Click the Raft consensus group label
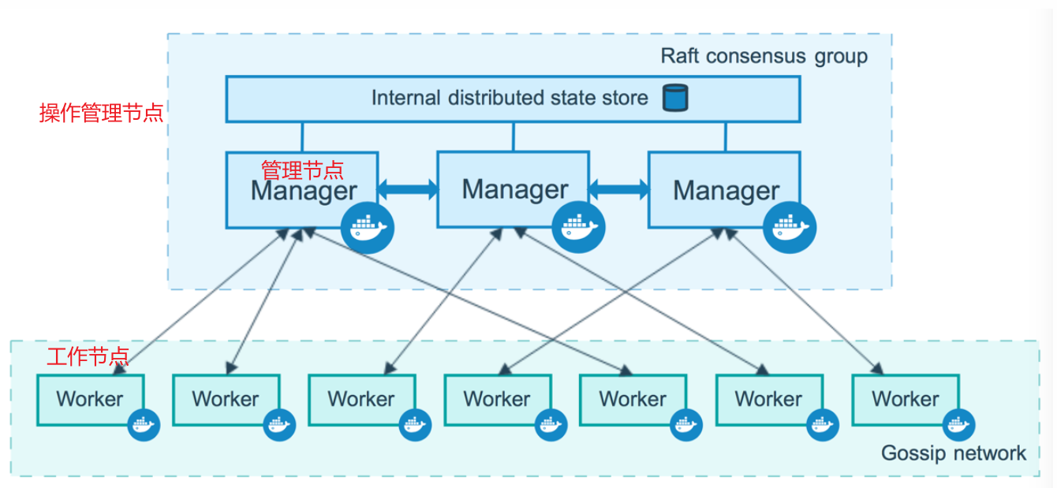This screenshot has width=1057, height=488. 764,57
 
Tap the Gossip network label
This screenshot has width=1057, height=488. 953,453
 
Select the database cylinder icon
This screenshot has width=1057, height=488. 674,98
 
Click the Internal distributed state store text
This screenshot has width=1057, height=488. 510,99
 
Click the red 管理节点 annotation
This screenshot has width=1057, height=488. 302,169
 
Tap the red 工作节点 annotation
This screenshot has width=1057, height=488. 88,356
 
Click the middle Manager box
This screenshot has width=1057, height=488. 513,189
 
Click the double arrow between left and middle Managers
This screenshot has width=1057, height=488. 407,189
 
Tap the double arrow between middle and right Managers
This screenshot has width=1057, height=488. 618,189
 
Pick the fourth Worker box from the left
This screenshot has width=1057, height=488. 497,399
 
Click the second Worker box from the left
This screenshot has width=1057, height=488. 226,399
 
